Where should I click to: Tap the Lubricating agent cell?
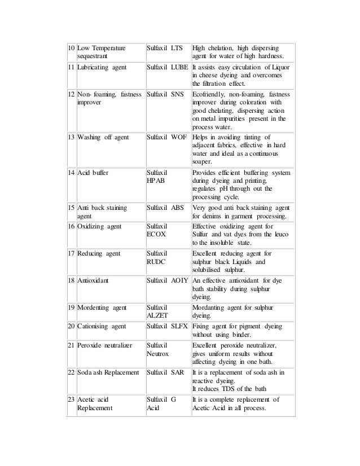(102, 67)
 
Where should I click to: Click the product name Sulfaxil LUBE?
(168, 67)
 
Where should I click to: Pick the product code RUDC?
(156, 262)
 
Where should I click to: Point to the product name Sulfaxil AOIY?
(168, 280)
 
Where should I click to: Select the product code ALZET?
(157, 316)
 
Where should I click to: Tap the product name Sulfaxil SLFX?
(168, 326)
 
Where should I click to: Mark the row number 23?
(69, 398)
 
